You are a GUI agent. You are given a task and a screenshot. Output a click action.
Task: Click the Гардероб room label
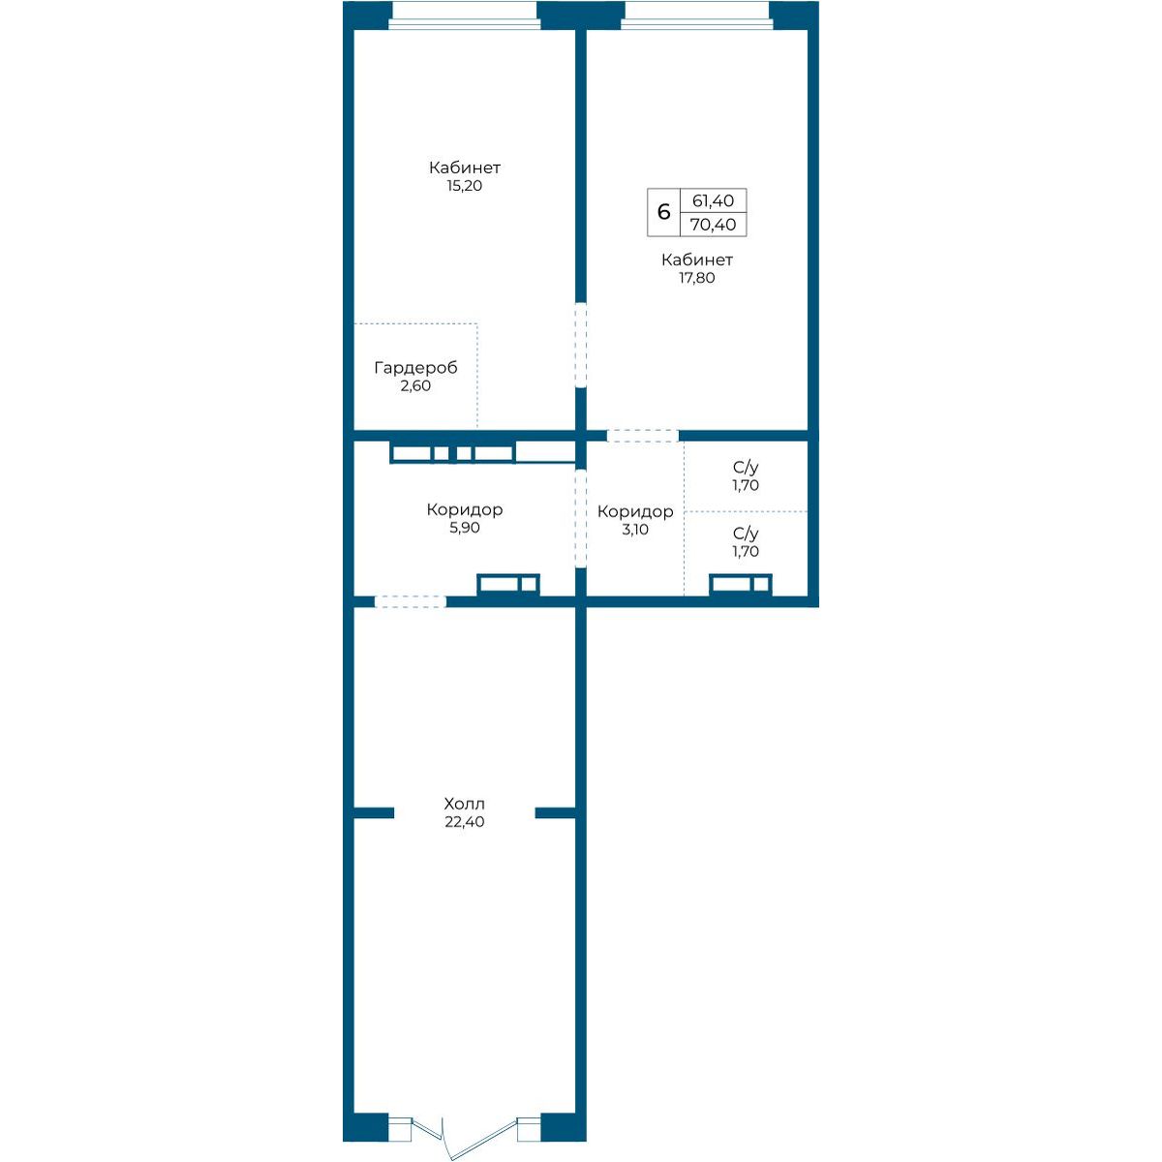pos(415,367)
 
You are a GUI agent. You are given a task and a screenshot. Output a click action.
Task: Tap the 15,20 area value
pos(465,186)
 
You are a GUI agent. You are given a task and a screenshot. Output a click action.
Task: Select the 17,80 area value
pos(696,278)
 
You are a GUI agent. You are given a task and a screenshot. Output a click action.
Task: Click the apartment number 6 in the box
pos(663,212)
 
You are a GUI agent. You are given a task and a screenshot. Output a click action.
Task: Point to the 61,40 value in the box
pos(713,200)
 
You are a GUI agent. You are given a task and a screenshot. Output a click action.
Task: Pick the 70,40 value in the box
pos(713,225)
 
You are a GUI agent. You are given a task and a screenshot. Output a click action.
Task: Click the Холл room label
pos(464,803)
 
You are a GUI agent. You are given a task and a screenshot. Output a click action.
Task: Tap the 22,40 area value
pos(465,821)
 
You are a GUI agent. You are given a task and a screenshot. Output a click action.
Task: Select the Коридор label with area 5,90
pos(465,509)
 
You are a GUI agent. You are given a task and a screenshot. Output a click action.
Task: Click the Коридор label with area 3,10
pos(635,511)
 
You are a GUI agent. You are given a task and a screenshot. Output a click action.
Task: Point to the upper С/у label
pos(746,468)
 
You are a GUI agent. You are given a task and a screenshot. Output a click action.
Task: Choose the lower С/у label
pos(746,533)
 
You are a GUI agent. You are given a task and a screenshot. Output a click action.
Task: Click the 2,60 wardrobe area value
pos(415,386)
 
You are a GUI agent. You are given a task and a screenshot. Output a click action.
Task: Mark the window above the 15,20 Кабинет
pos(465,15)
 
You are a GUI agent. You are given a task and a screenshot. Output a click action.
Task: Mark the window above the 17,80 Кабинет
pos(696,15)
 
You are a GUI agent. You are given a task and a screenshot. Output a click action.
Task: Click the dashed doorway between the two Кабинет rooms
pos(580,345)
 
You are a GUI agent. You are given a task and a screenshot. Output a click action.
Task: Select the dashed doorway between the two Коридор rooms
pos(580,519)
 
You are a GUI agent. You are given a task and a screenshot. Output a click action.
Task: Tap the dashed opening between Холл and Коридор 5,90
pos(410,601)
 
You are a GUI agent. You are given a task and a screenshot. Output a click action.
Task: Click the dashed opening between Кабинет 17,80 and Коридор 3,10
pos(643,436)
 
